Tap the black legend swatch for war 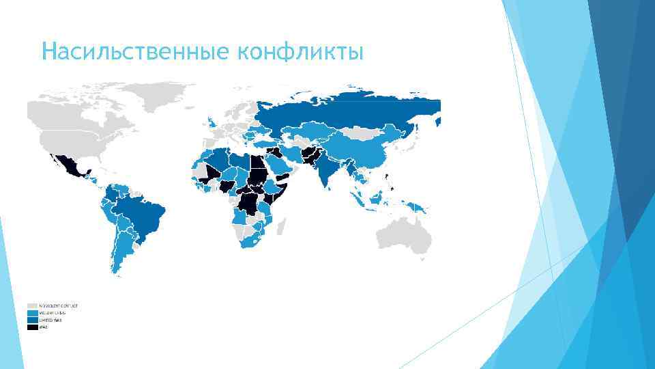pyautogui.click(x=32, y=327)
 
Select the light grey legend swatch pyautogui.click(x=32, y=305)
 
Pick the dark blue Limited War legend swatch pyautogui.click(x=32, y=320)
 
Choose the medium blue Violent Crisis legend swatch pyautogui.click(x=32, y=313)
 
